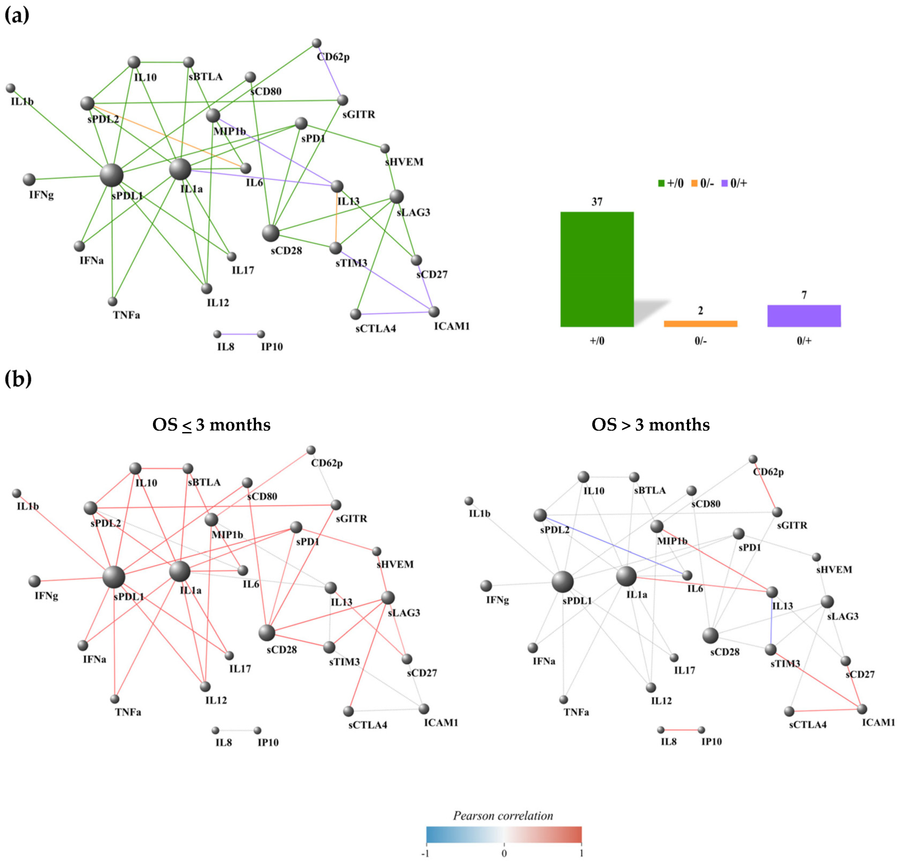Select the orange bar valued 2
point(700,323)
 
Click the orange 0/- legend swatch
point(694,183)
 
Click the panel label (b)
point(18,379)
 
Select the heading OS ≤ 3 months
point(211,424)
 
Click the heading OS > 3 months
point(650,424)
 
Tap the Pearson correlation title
point(503,816)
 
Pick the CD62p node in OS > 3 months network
point(753,459)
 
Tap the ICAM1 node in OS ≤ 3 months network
point(424,708)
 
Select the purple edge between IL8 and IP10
point(239,334)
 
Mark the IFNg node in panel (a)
point(29,179)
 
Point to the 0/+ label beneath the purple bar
point(804,341)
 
